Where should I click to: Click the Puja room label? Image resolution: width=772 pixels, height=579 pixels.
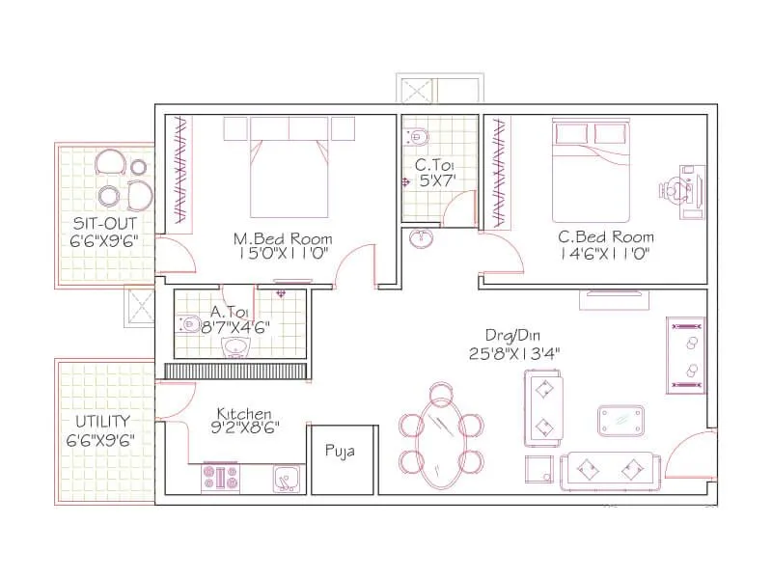[340, 451]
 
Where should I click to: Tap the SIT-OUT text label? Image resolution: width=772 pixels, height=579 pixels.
[104, 224]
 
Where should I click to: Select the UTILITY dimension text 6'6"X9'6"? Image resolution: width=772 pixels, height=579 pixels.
[100, 440]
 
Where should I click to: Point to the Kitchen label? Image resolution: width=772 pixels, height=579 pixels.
[244, 413]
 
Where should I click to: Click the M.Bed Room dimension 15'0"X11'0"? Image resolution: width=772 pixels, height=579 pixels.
[283, 254]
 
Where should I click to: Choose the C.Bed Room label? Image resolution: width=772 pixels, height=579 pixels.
[606, 236]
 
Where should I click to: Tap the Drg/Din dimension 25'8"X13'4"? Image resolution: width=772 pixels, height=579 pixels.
[514, 353]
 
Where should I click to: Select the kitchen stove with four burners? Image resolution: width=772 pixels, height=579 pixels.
[220, 477]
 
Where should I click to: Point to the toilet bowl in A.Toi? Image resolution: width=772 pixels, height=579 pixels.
[188, 324]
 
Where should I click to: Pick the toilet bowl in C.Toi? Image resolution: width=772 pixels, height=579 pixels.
[417, 136]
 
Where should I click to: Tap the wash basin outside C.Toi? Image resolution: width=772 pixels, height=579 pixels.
[421, 238]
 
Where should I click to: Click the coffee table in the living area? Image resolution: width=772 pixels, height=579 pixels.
[621, 421]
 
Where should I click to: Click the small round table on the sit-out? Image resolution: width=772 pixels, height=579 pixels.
[138, 167]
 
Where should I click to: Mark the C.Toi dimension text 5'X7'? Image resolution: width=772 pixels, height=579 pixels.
[437, 180]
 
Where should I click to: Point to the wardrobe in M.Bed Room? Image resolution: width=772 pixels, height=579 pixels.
[179, 170]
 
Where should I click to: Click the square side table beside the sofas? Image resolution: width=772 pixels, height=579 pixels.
[539, 469]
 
